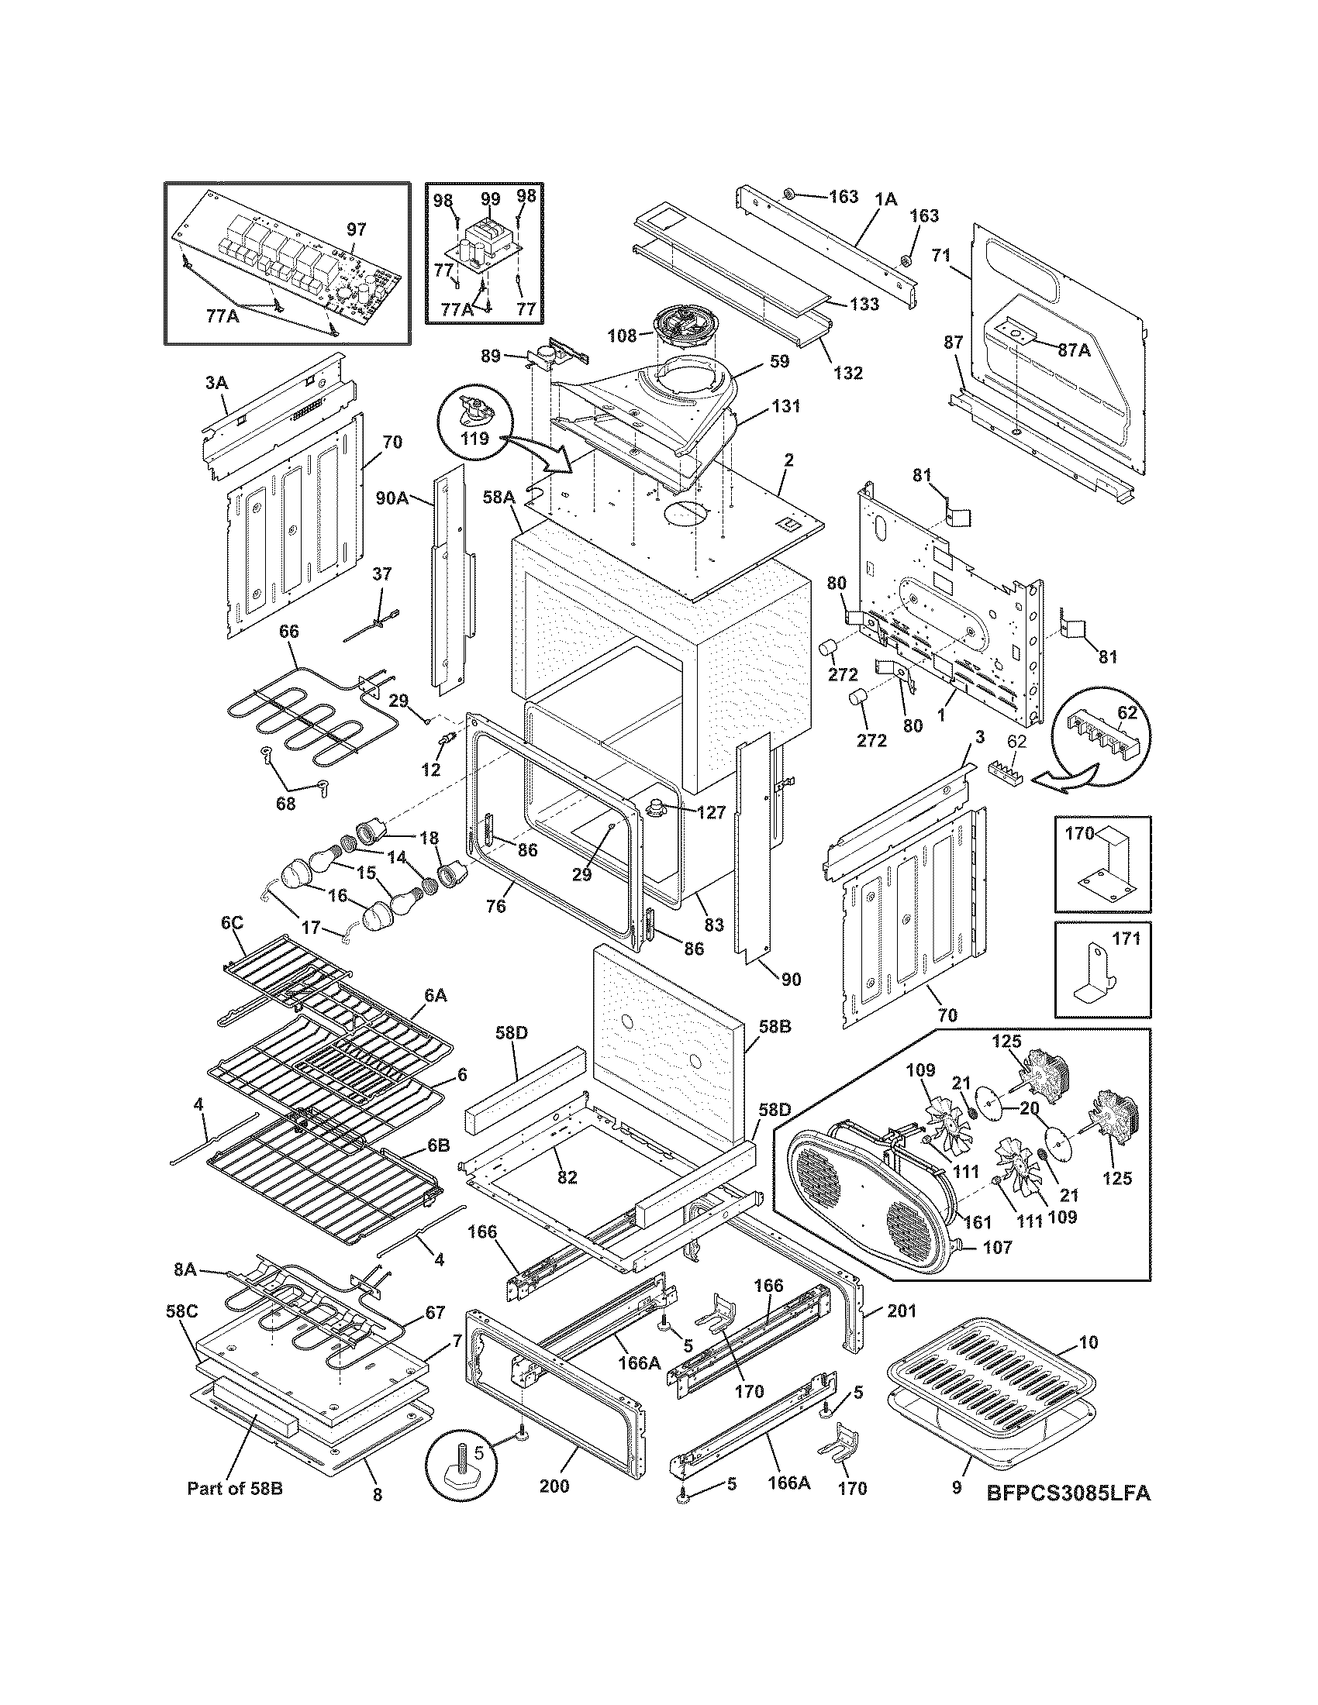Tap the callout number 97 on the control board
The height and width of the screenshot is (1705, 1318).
coord(356,229)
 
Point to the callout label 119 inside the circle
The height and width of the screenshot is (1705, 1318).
coord(474,439)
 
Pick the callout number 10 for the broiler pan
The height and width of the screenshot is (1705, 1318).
coord(1088,1343)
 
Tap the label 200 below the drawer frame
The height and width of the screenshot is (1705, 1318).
coord(554,1486)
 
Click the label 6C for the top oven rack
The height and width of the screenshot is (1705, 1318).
coord(232,923)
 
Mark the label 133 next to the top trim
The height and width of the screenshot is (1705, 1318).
coord(864,304)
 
